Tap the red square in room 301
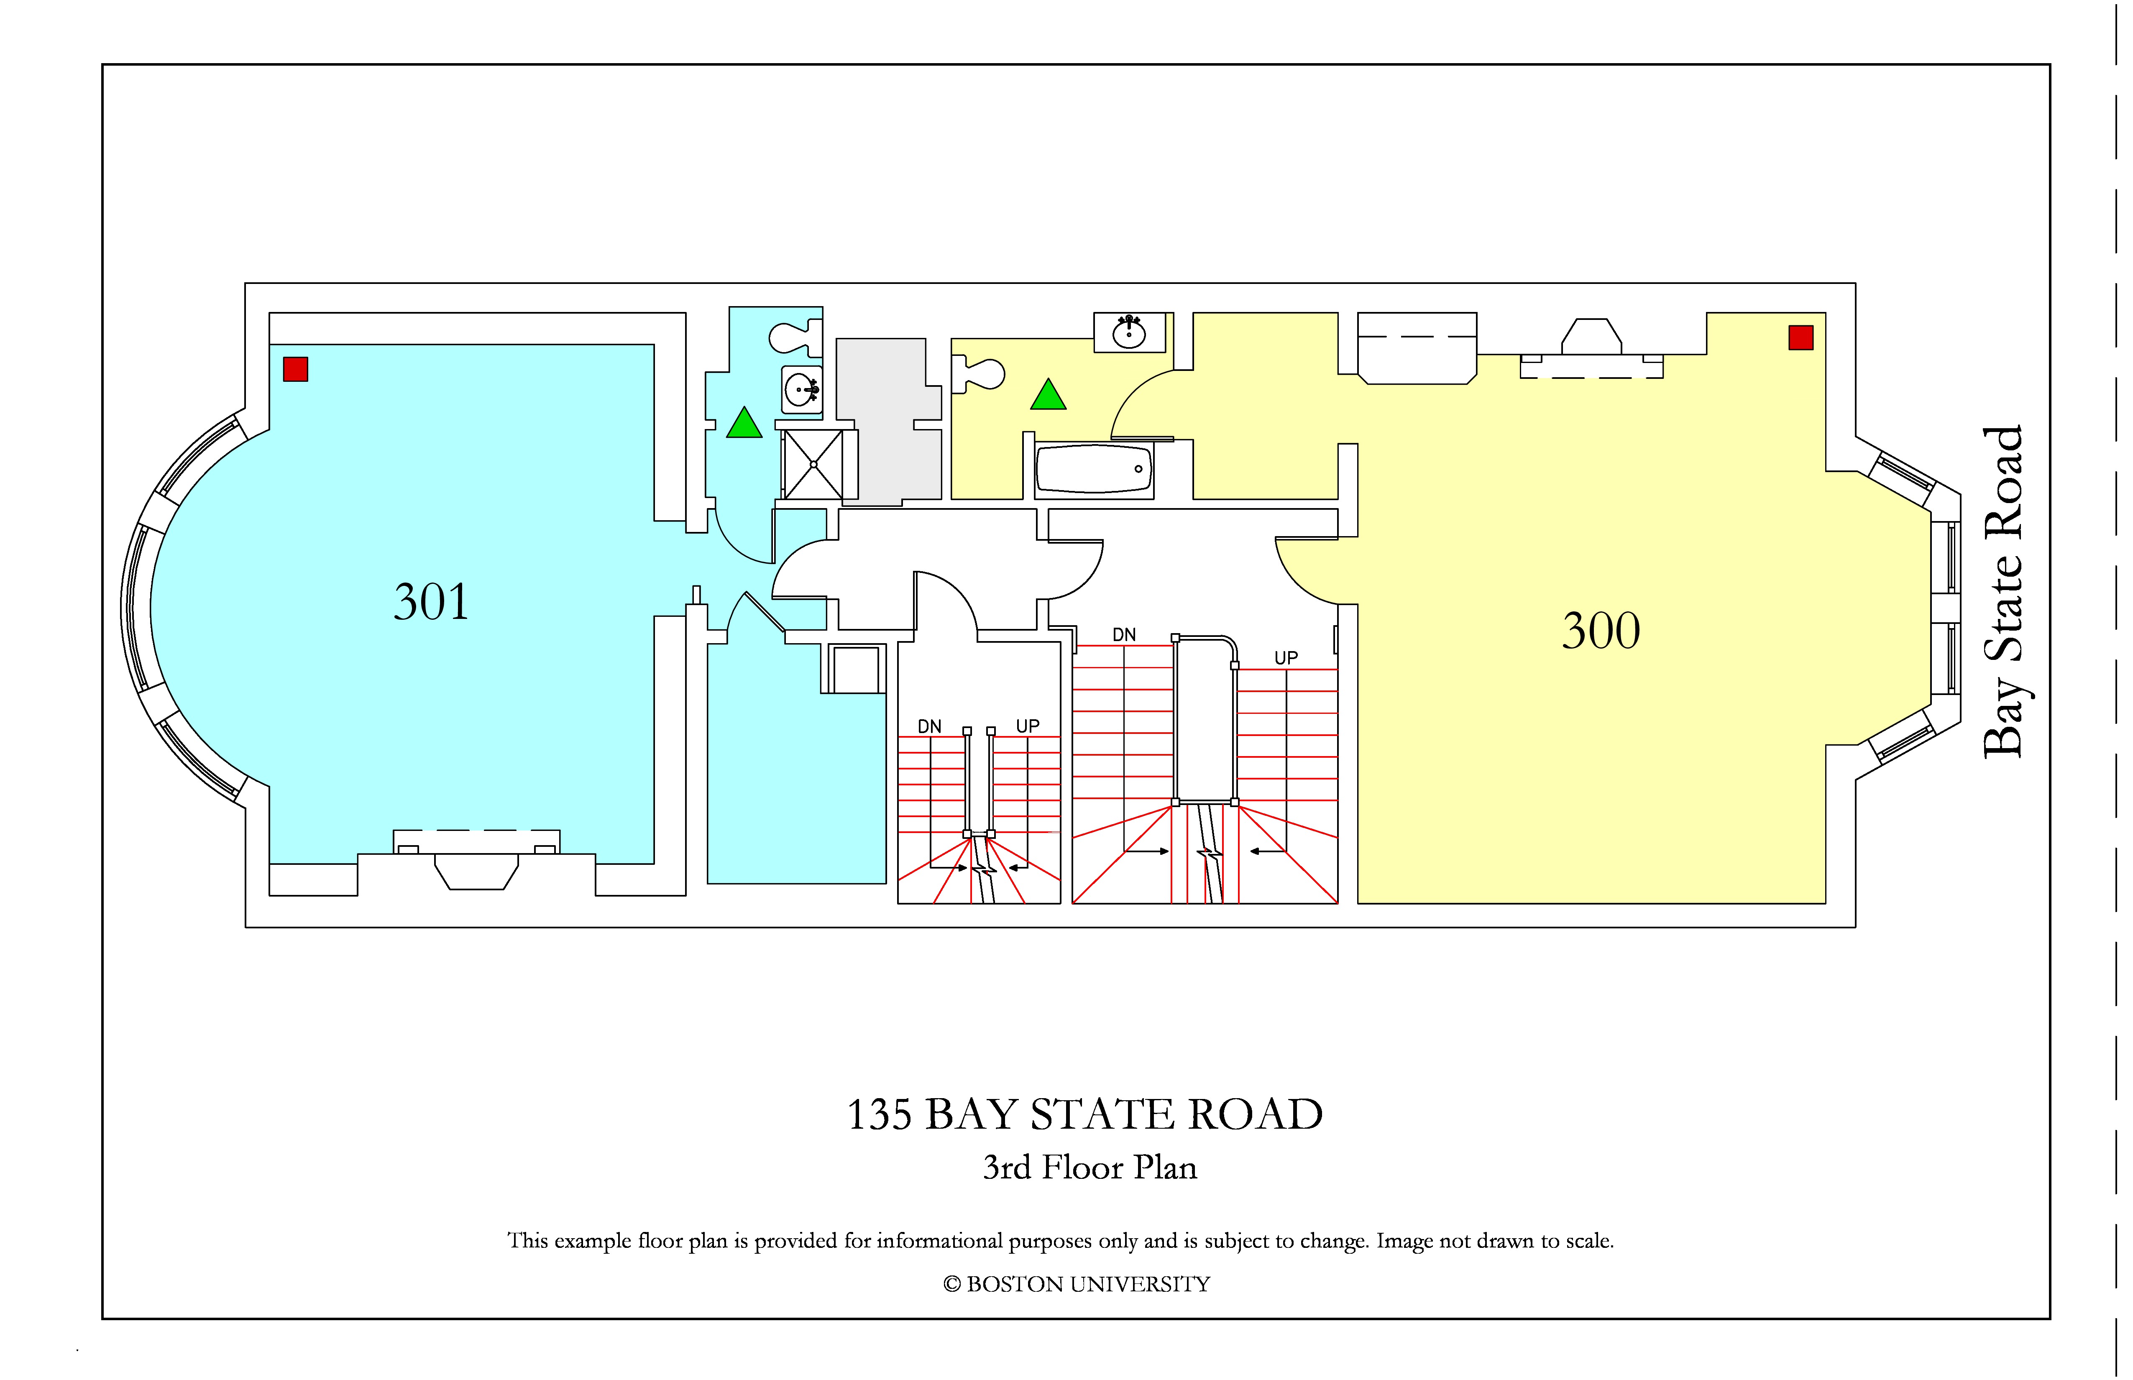point(296,369)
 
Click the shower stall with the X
point(814,464)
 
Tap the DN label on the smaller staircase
point(929,726)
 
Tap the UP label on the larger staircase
point(1286,658)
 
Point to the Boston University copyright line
point(1077,1284)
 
